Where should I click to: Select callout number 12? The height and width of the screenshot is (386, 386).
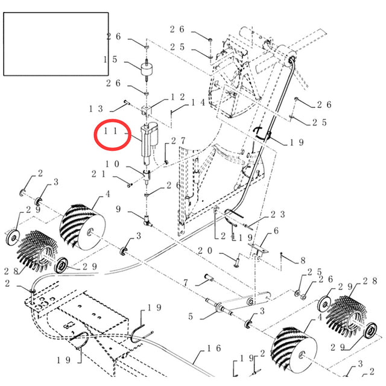tap(177, 96)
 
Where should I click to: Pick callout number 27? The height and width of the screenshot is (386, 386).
tap(178, 141)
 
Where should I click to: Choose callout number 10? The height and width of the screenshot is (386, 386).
tap(112, 164)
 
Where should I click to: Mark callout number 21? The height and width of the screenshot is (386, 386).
tap(100, 174)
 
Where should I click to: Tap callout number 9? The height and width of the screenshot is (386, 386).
tap(119, 209)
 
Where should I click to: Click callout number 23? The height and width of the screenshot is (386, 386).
tap(277, 214)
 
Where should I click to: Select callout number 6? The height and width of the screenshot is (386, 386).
tap(276, 231)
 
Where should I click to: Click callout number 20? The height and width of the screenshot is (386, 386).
tap(204, 250)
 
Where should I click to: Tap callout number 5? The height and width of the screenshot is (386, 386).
tap(191, 315)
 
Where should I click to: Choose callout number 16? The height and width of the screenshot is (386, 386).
tap(214, 349)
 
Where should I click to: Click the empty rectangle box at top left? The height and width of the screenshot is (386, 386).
tap(56, 44)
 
